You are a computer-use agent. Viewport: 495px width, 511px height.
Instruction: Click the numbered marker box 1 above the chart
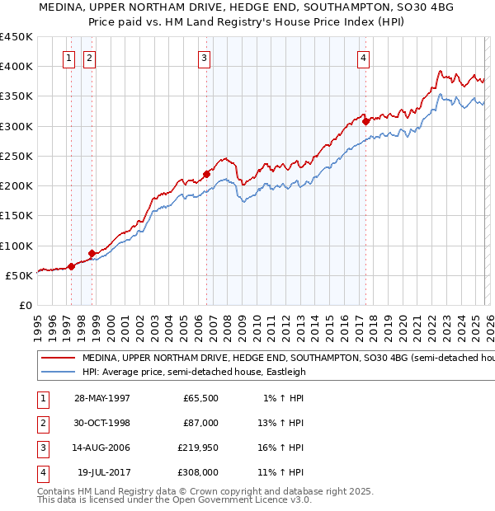pyautogui.click(x=68, y=58)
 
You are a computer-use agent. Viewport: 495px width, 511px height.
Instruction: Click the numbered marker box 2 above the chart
pyautogui.click(x=89, y=58)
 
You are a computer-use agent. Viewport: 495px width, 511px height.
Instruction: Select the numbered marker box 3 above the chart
pyautogui.click(x=203, y=58)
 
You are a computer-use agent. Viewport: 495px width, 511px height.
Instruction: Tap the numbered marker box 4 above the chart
pyautogui.click(x=363, y=58)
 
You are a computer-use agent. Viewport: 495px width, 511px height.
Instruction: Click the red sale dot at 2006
pyautogui.click(x=207, y=173)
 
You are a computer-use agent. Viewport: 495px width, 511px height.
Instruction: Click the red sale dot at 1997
pyautogui.click(x=72, y=265)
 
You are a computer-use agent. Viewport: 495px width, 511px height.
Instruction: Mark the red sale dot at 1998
pyautogui.click(x=92, y=253)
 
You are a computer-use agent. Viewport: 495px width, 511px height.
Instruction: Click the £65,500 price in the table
pyautogui.click(x=200, y=398)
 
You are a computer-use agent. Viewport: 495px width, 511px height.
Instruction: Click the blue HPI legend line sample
pyautogui.click(x=58, y=372)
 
